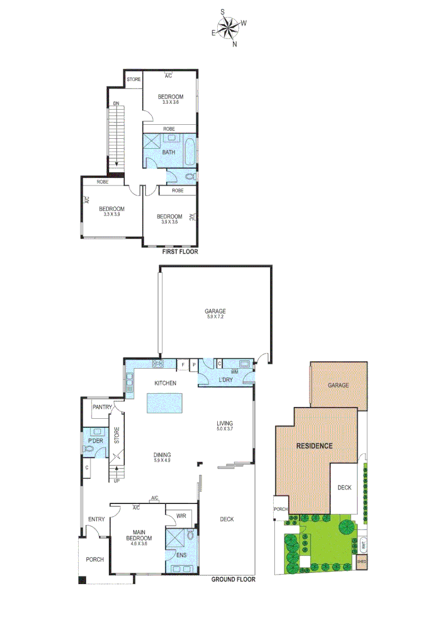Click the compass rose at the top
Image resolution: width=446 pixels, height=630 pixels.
[x=228, y=27]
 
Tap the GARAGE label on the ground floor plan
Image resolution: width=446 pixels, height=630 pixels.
[x=215, y=311]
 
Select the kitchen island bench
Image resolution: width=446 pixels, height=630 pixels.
[x=164, y=402]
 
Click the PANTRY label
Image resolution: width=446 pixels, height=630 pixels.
[x=102, y=407]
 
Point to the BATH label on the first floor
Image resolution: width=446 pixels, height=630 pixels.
[x=169, y=153]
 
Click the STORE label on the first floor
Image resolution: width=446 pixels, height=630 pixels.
[x=134, y=79]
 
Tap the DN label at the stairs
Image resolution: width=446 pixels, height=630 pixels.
[x=116, y=103]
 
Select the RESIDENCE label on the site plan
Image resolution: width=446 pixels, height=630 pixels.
[x=314, y=446]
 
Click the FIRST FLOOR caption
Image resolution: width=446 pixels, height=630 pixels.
[x=180, y=253]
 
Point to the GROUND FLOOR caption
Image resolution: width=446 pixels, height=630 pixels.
[x=233, y=580]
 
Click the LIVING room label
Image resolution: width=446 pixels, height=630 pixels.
[x=225, y=423]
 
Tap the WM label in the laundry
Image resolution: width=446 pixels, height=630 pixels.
[x=234, y=372]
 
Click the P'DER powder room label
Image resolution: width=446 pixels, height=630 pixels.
[x=96, y=441]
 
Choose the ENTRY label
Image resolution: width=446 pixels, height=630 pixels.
[x=96, y=519]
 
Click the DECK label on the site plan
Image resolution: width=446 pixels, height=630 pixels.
[x=344, y=487]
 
